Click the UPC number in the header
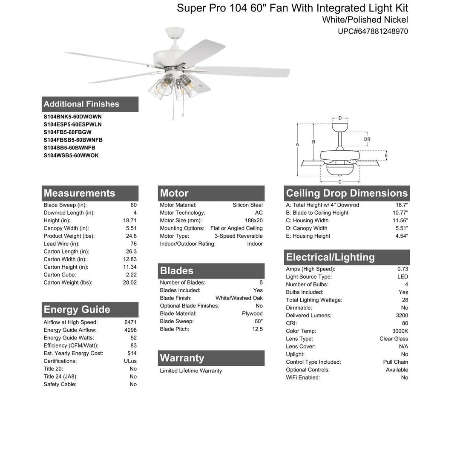373,31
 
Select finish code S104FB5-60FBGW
67,132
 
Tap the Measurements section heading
79,193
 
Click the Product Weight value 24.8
131,236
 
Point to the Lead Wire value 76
133,244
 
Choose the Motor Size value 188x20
253,220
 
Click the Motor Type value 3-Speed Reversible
239,236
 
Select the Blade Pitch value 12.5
257,329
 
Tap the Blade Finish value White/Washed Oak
239,298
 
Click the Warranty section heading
182,358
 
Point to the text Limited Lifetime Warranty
191,371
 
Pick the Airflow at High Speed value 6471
130,322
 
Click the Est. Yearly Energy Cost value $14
132,353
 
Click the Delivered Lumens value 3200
402,316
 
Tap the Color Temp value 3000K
400,331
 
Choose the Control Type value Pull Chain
395,362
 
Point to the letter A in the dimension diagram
297,144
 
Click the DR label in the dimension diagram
367,139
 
